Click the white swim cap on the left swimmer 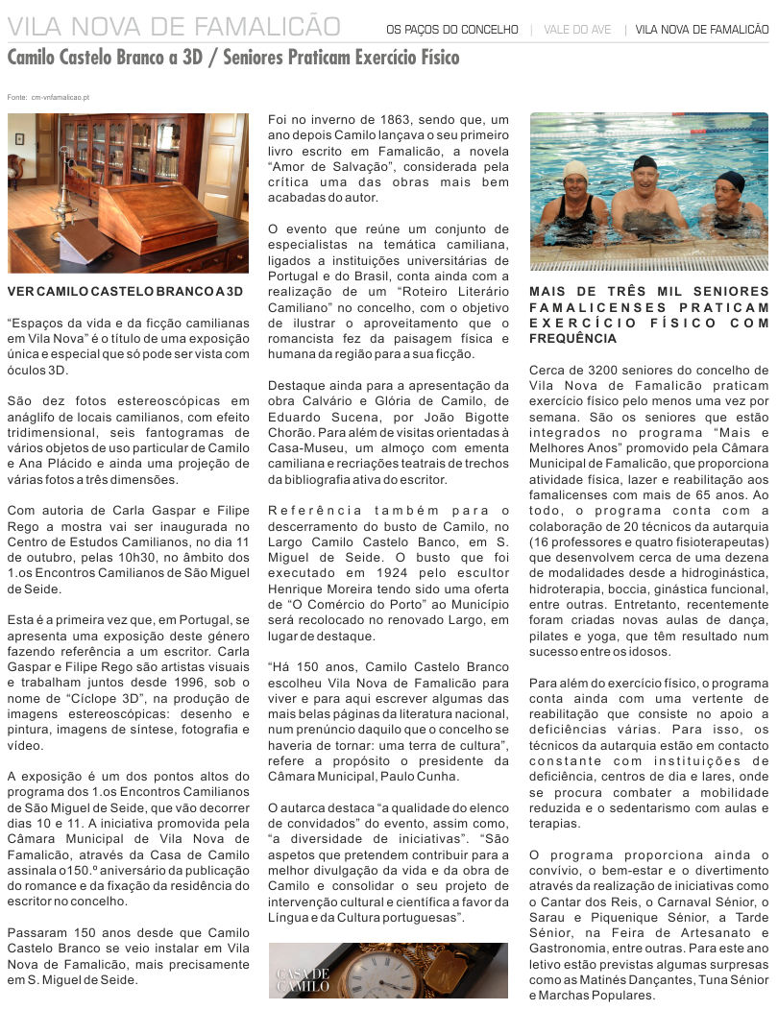[x=575, y=172]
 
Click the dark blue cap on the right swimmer [x=731, y=180]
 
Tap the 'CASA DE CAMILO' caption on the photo [x=303, y=981]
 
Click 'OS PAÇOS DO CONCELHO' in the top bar [x=451, y=30]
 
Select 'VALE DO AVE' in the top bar [x=577, y=30]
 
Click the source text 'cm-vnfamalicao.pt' [x=60, y=97]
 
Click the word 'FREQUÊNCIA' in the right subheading [x=572, y=338]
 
